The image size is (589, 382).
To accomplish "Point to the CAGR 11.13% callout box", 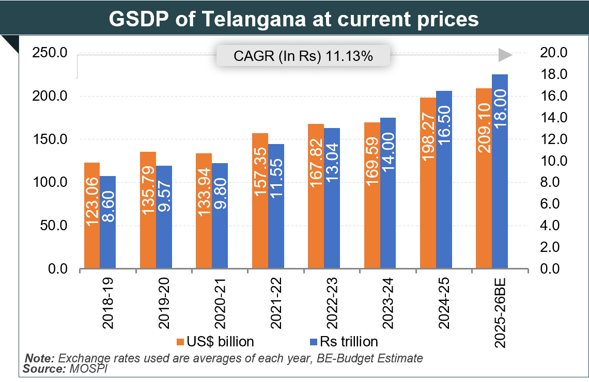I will coord(303,56).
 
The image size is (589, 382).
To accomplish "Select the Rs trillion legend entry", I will coord(343,342).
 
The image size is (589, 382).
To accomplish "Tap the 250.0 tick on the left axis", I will coord(49,53).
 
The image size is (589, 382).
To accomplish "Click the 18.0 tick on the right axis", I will coord(553,75).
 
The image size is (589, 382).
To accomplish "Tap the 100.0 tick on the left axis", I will coord(49,183).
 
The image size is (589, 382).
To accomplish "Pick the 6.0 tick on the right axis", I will coord(553,204).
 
